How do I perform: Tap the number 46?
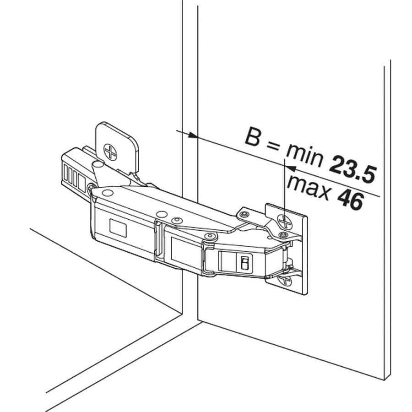pos(351,200)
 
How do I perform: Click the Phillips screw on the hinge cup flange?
pos(110,152)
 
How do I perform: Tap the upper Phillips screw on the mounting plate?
pos(285,222)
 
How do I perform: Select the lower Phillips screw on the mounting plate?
pos(286,280)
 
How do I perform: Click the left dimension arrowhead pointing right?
pos(193,135)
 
